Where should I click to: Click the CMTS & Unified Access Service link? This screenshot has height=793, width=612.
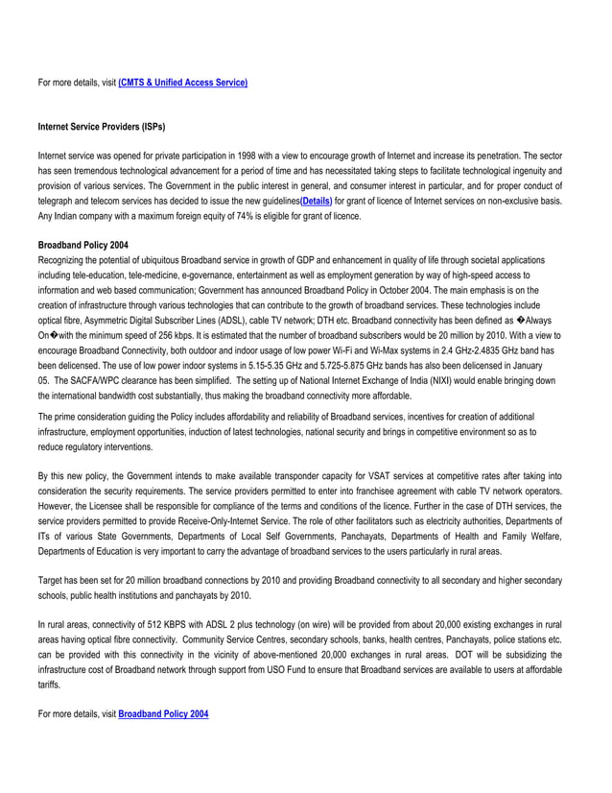182,84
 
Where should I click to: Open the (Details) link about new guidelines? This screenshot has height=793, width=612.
316,200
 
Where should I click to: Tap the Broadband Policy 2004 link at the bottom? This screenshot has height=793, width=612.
162,714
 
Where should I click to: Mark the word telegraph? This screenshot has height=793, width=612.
59,200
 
